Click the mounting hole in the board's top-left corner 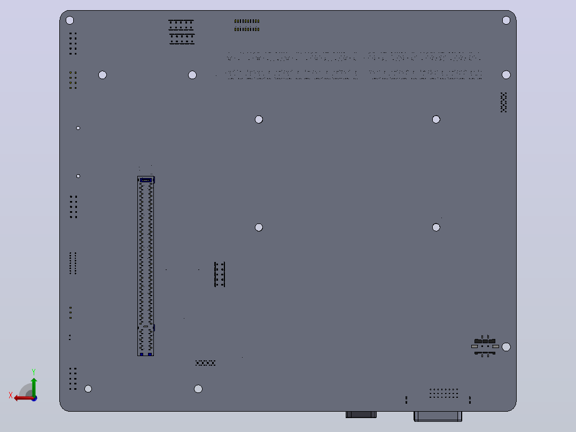click(x=70, y=20)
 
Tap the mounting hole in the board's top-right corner click(x=506, y=20)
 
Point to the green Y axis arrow click(x=34, y=388)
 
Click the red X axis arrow click(x=24, y=398)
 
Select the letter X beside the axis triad click(x=11, y=395)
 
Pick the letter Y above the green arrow click(x=34, y=372)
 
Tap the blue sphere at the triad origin click(x=34, y=398)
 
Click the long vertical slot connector click(x=146, y=266)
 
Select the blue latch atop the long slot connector click(x=146, y=180)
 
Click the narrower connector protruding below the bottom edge click(x=361, y=415)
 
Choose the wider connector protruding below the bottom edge click(x=438, y=416)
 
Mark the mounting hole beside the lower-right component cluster click(x=506, y=346)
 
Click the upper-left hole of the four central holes click(x=259, y=119)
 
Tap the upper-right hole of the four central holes click(x=436, y=119)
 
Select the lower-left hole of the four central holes click(x=259, y=228)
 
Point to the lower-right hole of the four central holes click(x=436, y=228)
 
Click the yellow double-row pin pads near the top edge click(x=247, y=25)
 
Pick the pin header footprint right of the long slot click(x=220, y=274)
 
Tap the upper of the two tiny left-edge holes click(x=78, y=128)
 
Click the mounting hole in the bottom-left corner click(x=88, y=389)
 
